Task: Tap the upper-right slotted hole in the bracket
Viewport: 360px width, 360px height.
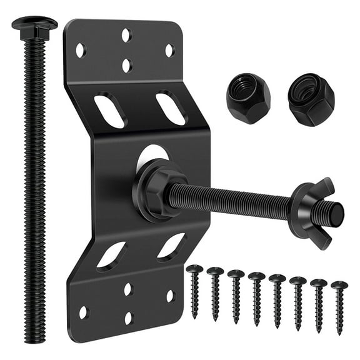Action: pyautogui.click(x=170, y=107)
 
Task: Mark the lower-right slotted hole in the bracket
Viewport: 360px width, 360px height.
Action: pyautogui.click(x=171, y=246)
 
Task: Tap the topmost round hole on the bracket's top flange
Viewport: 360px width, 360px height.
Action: pyautogui.click(x=126, y=35)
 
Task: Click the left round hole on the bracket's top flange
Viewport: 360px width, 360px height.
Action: pyautogui.click(x=81, y=50)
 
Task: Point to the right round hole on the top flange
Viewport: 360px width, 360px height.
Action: pyautogui.click(x=169, y=49)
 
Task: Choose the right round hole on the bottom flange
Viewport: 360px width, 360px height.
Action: pyautogui.click(x=170, y=296)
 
